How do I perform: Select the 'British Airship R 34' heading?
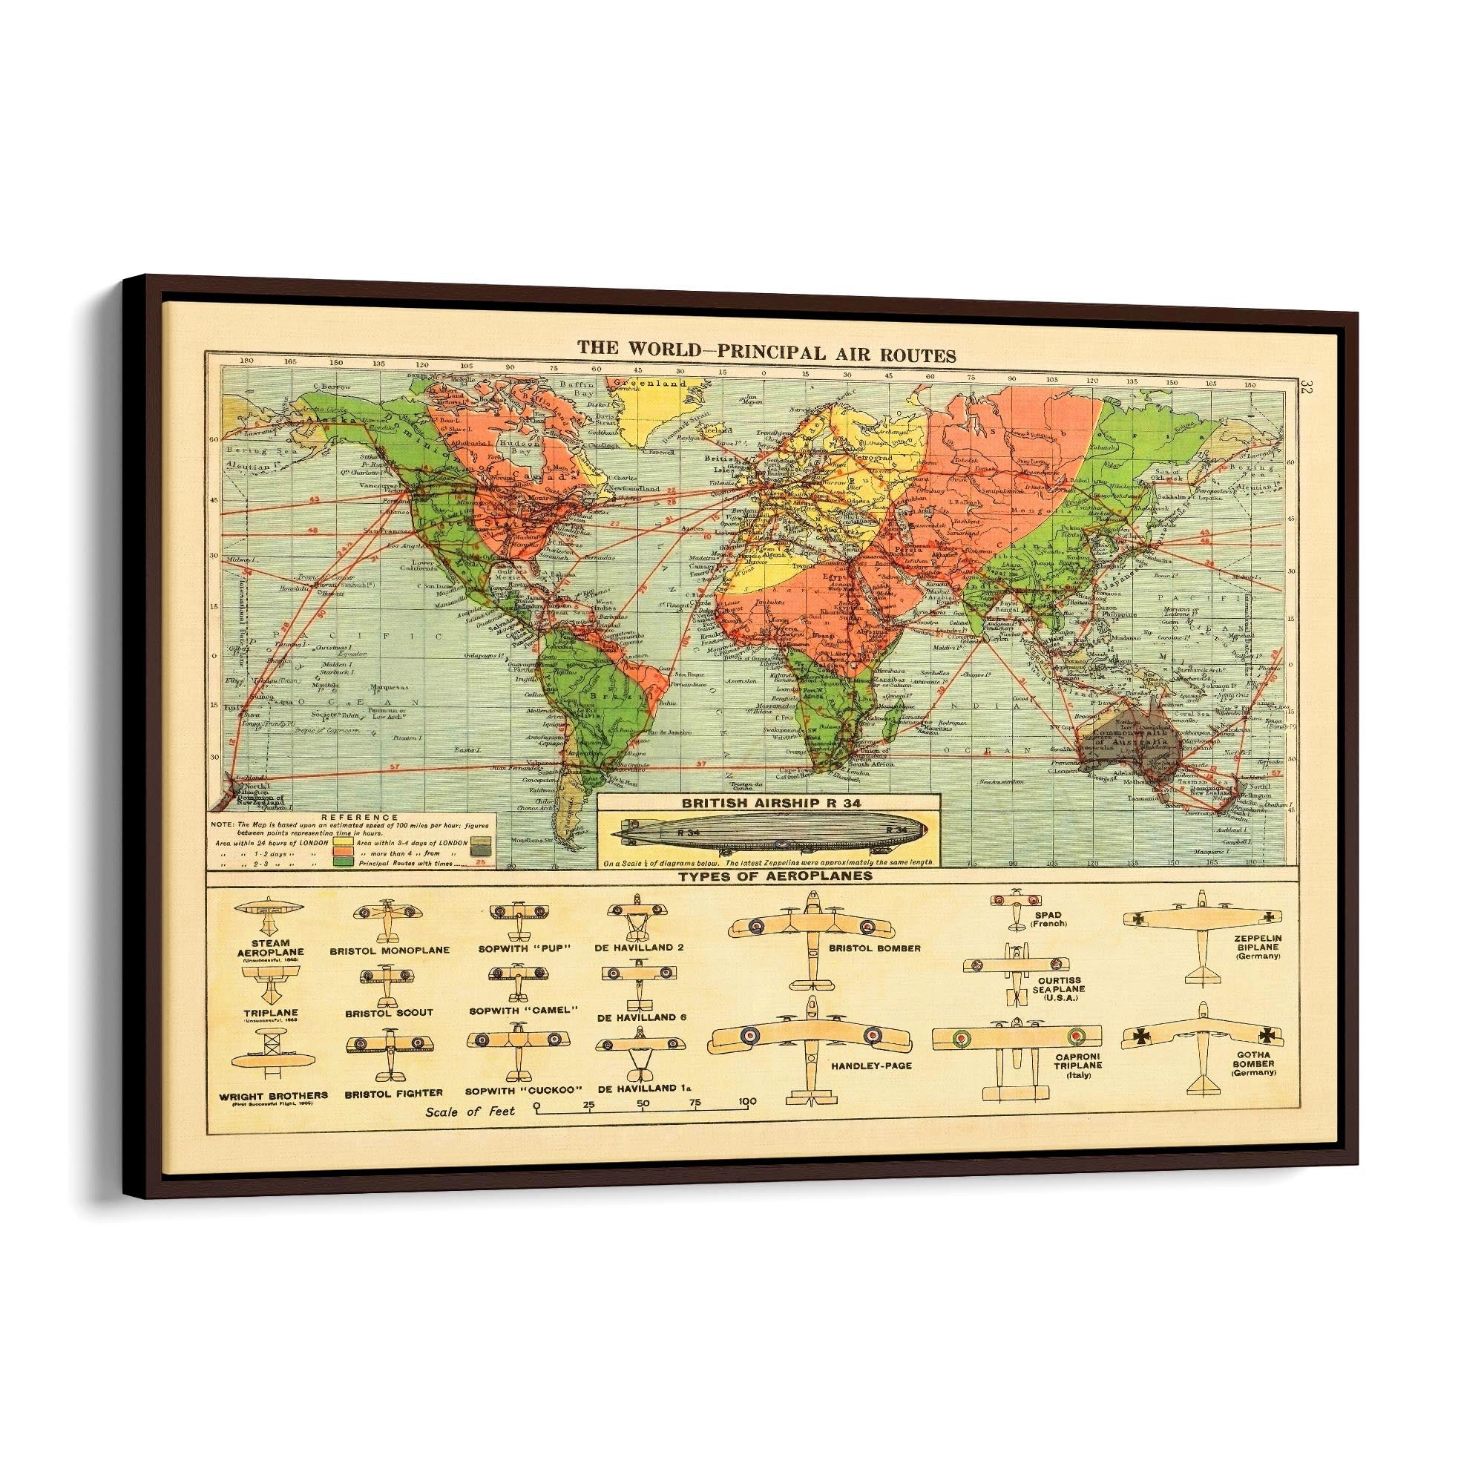point(768,802)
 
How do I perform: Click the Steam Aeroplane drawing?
point(269,909)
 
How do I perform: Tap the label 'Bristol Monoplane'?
point(390,950)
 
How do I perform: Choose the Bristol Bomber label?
point(874,948)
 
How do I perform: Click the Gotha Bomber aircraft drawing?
point(1202,1045)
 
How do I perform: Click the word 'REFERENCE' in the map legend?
point(349,817)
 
